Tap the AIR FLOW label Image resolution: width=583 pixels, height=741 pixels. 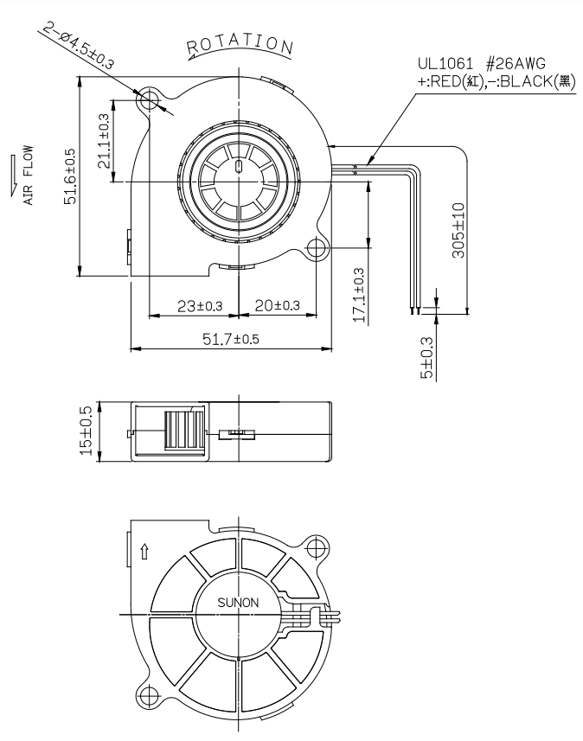pyautogui.click(x=29, y=175)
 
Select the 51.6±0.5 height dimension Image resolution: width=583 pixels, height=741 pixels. pyautogui.click(x=69, y=176)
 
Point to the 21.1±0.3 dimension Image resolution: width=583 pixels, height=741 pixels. pyautogui.click(x=104, y=141)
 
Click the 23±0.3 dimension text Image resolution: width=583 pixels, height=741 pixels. pyautogui.click(x=200, y=306)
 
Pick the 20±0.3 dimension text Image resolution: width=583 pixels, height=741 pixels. pyautogui.click(x=277, y=305)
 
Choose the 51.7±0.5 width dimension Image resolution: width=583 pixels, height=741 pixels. pyautogui.click(x=231, y=339)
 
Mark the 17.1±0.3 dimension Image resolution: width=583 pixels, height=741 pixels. pyautogui.click(x=359, y=296)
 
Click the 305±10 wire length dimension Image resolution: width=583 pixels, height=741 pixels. pyautogui.click(x=458, y=230)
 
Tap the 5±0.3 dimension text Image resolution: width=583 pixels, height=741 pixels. pyautogui.click(x=426, y=358)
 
